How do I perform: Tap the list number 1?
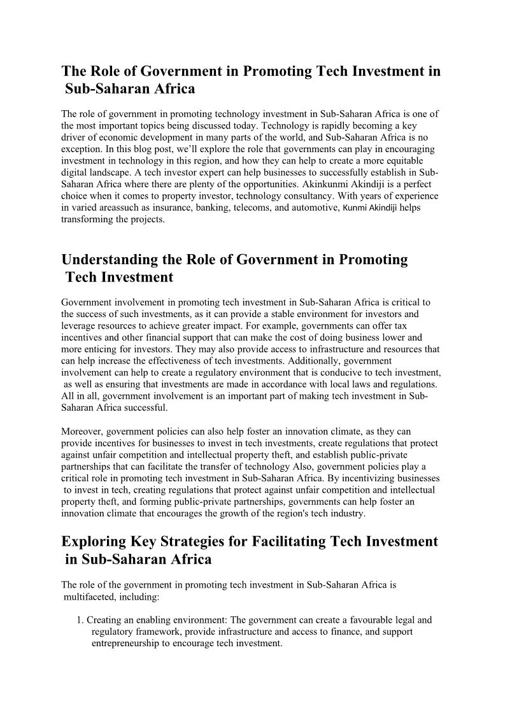[80, 619]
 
